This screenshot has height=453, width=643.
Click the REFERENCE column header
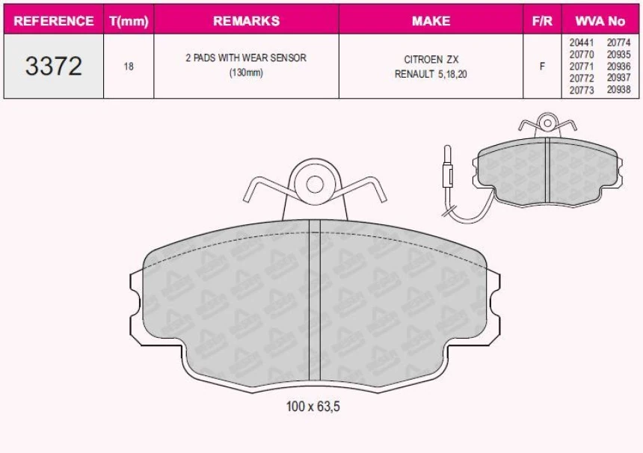[x=54, y=21]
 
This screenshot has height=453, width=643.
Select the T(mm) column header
[x=129, y=21]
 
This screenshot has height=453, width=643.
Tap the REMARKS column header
[x=247, y=21]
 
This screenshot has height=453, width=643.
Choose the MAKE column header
[x=431, y=21]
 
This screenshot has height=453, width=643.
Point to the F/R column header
[x=542, y=21]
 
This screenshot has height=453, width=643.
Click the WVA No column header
[x=600, y=21]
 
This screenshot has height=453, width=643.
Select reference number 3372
[x=54, y=66]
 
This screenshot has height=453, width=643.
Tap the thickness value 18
[x=129, y=67]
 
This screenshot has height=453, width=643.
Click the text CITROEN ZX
[x=431, y=60]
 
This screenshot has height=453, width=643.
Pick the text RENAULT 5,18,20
[x=431, y=74]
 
